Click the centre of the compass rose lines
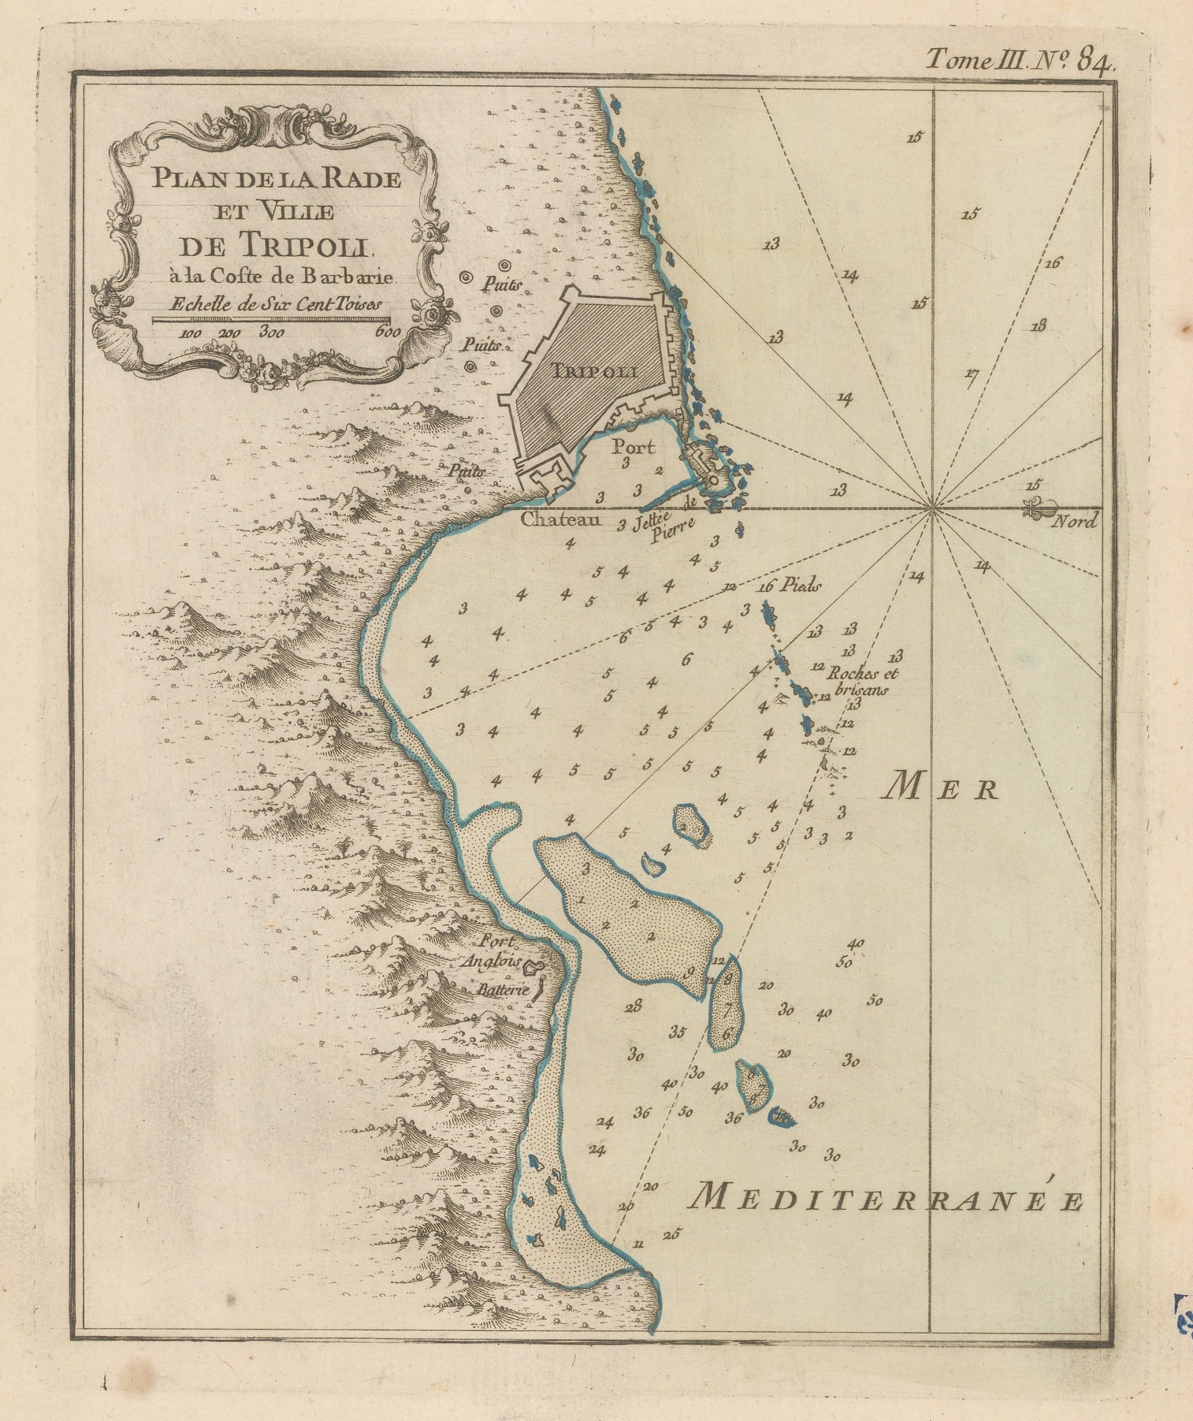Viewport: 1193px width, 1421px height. (932, 507)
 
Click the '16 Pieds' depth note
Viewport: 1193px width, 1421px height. (790, 587)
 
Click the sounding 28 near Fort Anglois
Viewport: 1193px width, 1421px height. (634, 1006)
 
